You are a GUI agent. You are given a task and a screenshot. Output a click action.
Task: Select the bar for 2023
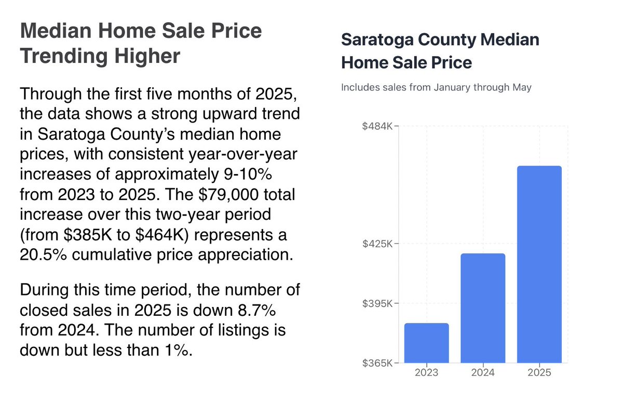coord(426,343)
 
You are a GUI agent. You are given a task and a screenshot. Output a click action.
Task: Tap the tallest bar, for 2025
coord(539,264)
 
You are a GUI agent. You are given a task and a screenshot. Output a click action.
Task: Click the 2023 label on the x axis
coord(426,372)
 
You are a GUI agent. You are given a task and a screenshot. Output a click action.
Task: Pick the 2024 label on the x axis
coord(483,372)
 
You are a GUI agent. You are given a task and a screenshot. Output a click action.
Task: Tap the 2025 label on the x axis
coord(539,372)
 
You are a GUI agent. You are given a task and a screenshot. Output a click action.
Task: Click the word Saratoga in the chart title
coord(374,39)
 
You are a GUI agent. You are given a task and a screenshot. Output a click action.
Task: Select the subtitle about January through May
coord(436,87)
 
